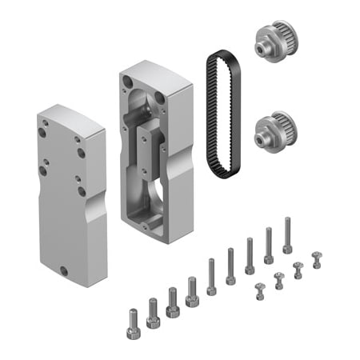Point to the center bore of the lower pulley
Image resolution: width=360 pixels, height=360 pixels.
[x=261, y=138]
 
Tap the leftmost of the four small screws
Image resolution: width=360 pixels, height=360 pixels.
[x=259, y=290]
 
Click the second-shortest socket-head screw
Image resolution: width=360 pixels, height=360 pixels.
[x=153, y=312]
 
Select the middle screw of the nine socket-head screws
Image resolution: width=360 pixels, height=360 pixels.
[x=211, y=276]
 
